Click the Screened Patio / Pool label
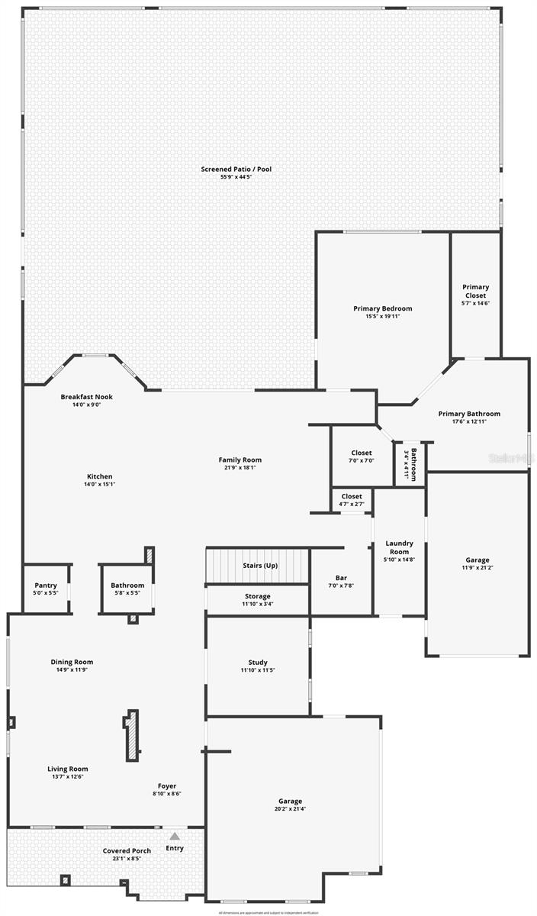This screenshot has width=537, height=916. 236,169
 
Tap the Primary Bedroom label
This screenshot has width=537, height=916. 382,308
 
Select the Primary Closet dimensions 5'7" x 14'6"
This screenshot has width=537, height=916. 476,303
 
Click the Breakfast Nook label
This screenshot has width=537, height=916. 86,397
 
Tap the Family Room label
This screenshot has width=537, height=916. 240,460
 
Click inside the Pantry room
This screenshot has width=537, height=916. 46,589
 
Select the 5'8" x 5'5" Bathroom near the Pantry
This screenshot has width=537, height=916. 127,589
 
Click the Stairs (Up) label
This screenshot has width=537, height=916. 259,566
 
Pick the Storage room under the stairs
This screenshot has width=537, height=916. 257,600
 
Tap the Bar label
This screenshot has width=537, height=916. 341,578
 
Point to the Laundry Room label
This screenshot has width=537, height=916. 400,547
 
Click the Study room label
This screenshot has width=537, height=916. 257,663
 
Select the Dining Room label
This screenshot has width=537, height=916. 72,662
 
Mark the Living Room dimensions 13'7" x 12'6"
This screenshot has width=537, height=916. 68,777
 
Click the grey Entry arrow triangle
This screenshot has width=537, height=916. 175,836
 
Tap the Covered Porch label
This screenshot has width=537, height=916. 127,850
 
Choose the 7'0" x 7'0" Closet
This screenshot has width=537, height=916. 362,457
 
